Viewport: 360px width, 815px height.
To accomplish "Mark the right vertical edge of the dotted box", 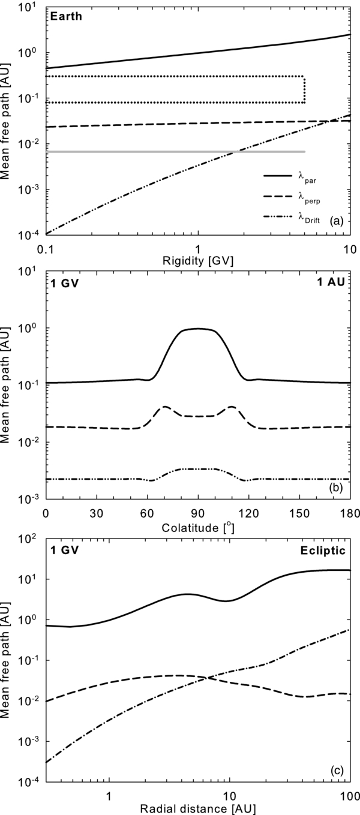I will [305, 89].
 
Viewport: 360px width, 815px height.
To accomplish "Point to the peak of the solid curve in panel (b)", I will [197, 328].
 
